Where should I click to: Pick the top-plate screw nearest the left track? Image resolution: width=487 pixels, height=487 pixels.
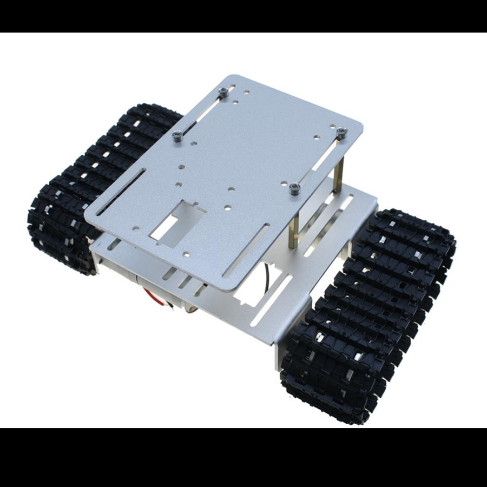(177, 136)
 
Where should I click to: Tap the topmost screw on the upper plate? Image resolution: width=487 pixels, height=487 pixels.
(222, 93)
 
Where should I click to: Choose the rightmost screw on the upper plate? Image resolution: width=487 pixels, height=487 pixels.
(341, 131)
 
